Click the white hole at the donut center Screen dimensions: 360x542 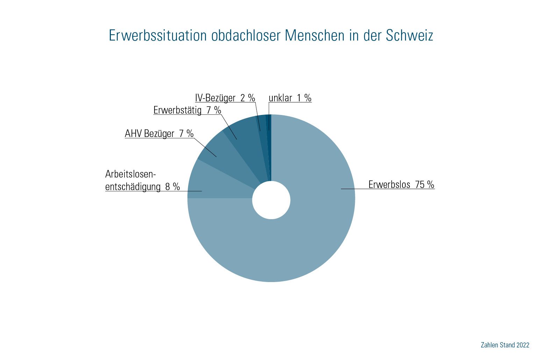(x=271, y=200)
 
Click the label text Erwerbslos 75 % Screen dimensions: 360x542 (x=401, y=185)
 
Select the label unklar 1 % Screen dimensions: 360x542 (x=290, y=98)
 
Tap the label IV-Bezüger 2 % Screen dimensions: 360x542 (x=225, y=98)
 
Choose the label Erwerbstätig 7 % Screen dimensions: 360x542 (x=187, y=110)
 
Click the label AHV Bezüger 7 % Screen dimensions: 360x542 (x=159, y=134)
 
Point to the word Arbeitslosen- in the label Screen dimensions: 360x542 (x=130, y=174)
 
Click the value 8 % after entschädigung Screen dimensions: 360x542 (x=172, y=187)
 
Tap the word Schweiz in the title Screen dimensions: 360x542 (x=409, y=35)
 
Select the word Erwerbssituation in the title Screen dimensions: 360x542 (x=157, y=35)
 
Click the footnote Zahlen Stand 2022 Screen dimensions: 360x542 (x=505, y=345)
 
